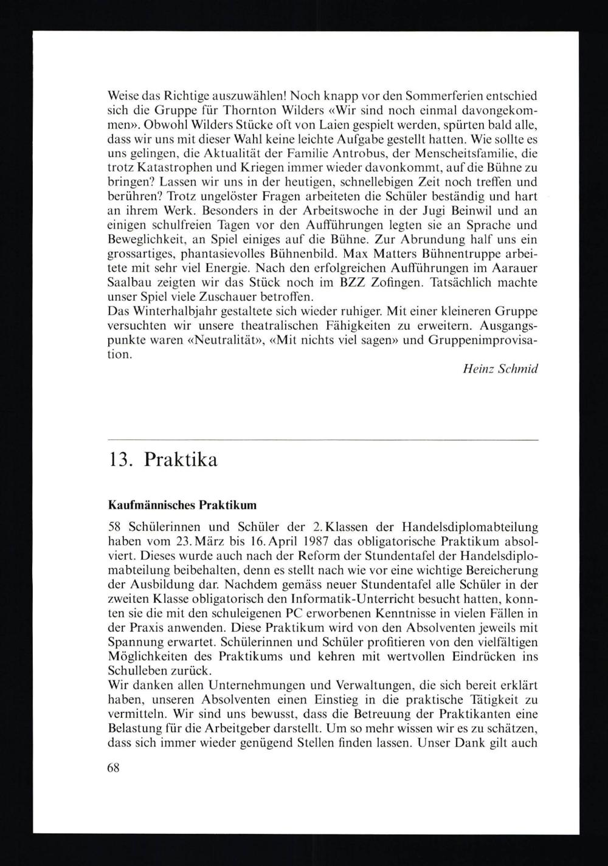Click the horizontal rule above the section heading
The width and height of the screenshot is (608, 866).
point(322,439)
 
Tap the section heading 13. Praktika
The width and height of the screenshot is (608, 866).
point(162,460)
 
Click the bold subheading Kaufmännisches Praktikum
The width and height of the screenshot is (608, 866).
point(182,504)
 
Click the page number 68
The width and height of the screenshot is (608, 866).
point(114,767)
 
